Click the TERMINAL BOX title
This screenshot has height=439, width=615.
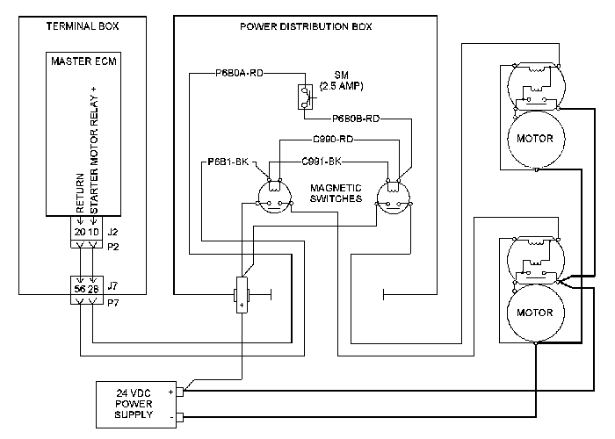[x=83, y=26]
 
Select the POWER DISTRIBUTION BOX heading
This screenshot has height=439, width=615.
[x=306, y=26]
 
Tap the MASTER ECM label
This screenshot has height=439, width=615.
[x=84, y=61]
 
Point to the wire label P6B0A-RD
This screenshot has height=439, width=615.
[x=239, y=73]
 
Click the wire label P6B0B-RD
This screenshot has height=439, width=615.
[x=356, y=119]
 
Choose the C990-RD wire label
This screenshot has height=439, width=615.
[x=333, y=139]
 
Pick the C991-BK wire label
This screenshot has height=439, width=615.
[x=322, y=162]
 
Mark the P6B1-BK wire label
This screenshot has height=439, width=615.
[x=228, y=162]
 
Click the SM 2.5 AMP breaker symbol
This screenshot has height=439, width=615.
[x=305, y=97]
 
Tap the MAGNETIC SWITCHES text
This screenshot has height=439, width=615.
[x=336, y=193]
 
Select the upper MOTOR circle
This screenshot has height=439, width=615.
[x=536, y=140]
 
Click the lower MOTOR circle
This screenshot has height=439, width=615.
[x=536, y=313]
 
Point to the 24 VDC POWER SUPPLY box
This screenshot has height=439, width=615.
[x=136, y=405]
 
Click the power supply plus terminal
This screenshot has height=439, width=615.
[x=180, y=392]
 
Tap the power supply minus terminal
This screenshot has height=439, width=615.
[x=180, y=417]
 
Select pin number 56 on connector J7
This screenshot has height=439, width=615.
[x=80, y=289]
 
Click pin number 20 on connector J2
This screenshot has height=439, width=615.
[x=80, y=232]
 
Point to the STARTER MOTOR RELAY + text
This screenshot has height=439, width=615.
[x=94, y=150]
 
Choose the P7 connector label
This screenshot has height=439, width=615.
[x=113, y=303]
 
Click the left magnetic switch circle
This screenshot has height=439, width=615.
[x=274, y=198]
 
